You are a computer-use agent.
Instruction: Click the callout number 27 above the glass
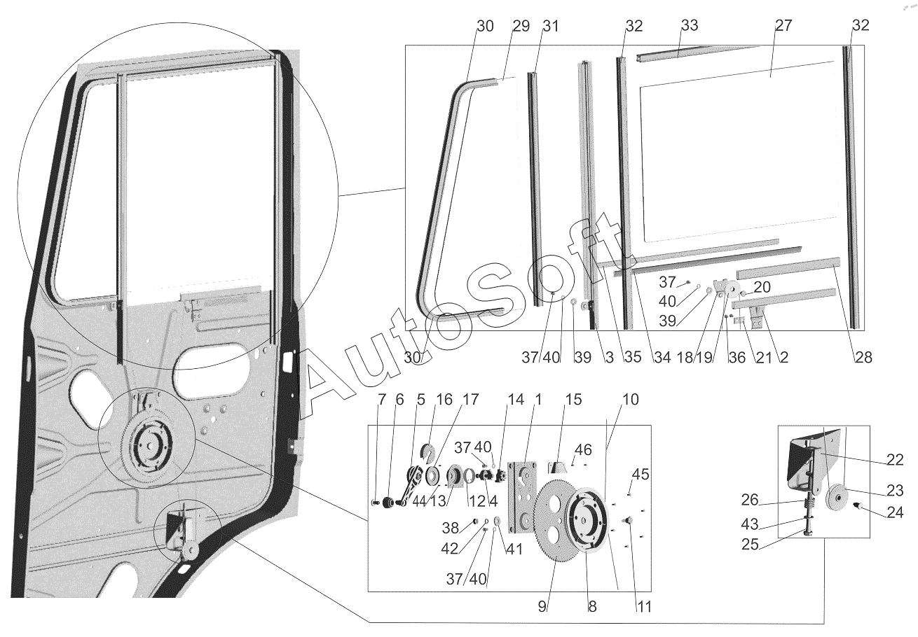click(783, 26)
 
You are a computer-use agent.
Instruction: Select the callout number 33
click(689, 26)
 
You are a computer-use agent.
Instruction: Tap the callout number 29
click(520, 26)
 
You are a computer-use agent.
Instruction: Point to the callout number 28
click(863, 358)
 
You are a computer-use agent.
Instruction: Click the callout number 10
click(630, 400)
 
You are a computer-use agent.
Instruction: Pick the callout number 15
click(573, 400)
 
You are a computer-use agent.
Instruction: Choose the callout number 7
click(382, 400)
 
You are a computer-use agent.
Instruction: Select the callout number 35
click(632, 358)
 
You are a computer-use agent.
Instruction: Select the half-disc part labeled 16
click(427, 454)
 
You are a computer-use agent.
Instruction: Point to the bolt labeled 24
click(856, 505)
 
